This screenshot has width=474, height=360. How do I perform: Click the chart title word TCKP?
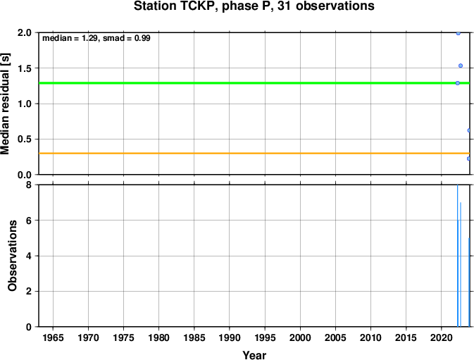tap(199, 6)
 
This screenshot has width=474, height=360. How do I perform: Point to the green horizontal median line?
tap(254, 83)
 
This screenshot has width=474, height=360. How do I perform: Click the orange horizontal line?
tap(254, 154)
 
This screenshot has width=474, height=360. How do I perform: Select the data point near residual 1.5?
tap(461, 66)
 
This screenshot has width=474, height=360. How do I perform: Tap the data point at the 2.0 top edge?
tap(459, 33)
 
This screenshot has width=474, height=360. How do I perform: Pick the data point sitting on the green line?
tap(458, 83)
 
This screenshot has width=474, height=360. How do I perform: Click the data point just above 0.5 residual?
tap(468, 130)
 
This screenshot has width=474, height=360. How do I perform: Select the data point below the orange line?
tap(468, 159)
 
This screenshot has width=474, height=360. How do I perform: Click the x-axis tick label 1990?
tap(230, 337)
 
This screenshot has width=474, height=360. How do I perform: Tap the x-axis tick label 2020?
tap(441, 337)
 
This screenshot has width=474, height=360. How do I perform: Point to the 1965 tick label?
tap(54, 337)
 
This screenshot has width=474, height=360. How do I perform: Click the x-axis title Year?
tap(254, 355)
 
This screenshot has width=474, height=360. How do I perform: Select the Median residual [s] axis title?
tap(5, 104)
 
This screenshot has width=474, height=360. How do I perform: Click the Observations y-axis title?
tap(13, 256)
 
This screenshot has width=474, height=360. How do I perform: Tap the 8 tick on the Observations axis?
tap(29, 185)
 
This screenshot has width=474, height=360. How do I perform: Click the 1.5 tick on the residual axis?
tap(25, 68)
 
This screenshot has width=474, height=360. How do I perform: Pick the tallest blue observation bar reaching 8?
tap(458, 256)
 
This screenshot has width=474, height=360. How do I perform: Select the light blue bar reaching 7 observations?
tap(461, 264)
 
